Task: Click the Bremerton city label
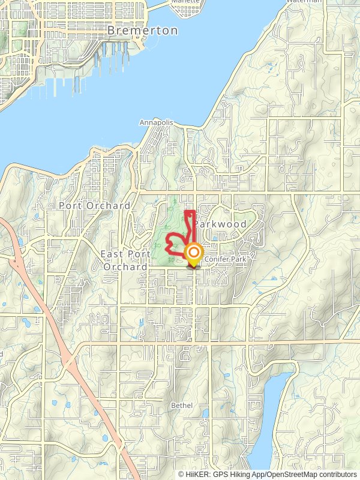tap(142, 30)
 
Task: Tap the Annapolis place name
tap(156, 122)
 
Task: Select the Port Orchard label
tap(94, 205)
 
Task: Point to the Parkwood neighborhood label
tap(220, 224)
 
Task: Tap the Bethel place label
tap(182, 406)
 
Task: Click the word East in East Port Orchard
tap(112, 254)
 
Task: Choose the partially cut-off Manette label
tap(185, 2)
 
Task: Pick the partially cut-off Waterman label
tap(303, 2)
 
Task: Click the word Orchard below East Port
tap(125, 266)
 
